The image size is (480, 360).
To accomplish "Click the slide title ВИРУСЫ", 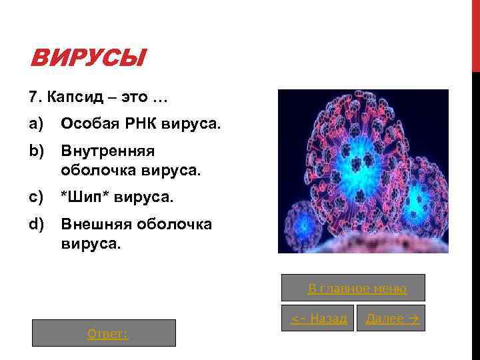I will (87, 60).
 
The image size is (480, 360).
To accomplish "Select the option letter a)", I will (35, 124).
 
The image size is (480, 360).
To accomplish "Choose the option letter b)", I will (35, 151).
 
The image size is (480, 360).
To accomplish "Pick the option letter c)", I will (35, 197).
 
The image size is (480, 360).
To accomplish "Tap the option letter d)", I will (35, 224).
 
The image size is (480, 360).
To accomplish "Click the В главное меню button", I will (357, 288).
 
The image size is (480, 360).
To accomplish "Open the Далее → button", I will (391, 319).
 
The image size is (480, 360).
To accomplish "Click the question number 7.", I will (33, 98).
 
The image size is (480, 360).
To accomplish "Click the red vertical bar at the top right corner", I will (475, 33).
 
